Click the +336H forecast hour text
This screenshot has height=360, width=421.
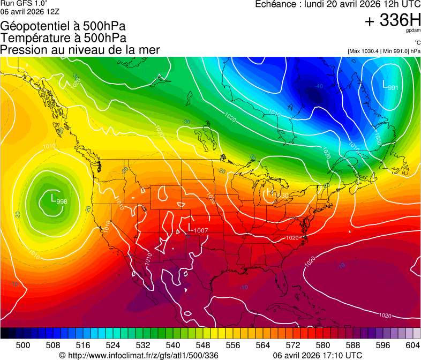click(x=393, y=20)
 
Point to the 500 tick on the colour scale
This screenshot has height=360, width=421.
click(x=23, y=344)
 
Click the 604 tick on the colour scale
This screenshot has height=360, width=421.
click(x=413, y=344)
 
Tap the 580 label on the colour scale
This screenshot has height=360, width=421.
click(x=323, y=344)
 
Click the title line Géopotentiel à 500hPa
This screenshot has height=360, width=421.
click(x=63, y=26)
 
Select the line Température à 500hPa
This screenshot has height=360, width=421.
click(x=63, y=38)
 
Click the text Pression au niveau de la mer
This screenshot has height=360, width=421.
click(x=80, y=50)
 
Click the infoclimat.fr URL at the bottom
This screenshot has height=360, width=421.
click(x=139, y=355)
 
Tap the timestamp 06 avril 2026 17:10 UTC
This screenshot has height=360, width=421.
click(x=317, y=355)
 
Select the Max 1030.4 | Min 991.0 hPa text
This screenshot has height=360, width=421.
click(x=384, y=51)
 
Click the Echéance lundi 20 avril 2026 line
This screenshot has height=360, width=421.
click(x=337, y=4)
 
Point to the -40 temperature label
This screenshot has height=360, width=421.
click(x=319, y=86)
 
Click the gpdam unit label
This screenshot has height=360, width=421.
click(x=414, y=31)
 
